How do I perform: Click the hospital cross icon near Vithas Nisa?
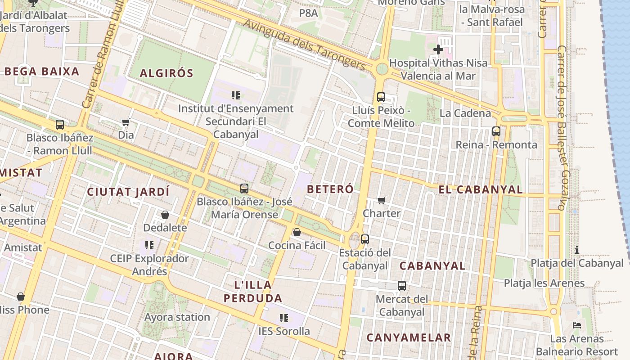pos(438,49)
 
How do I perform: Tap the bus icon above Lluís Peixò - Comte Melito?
pos(381,97)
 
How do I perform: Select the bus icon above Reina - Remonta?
pos(496,131)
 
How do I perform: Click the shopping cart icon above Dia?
pos(126,122)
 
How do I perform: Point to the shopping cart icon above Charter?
pos(382,200)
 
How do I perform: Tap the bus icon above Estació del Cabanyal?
pos(365,239)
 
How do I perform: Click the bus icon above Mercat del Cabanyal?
pos(402,286)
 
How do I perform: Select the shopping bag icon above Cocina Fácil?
pos(297,232)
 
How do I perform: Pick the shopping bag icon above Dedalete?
pos(165,215)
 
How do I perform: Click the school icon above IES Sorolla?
pos(284,318)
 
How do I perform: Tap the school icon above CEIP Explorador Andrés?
pos(149,245)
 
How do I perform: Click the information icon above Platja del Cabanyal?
pos(577,250)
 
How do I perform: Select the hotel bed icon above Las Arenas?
pos(577,325)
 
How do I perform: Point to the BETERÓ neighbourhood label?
pos(330,189)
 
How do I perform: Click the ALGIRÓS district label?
pos(166,73)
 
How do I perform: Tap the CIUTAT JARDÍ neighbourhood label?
pos(128,192)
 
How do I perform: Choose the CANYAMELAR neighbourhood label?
pos(409,337)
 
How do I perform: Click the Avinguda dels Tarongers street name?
pos(304,44)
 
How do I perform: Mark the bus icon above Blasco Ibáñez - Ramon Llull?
pos(60,125)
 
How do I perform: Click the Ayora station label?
pos(177,317)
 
